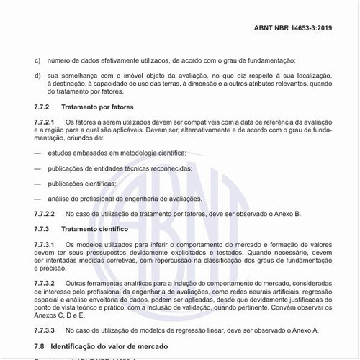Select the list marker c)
[x=37, y=60]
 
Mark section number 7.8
[x=40, y=346]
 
